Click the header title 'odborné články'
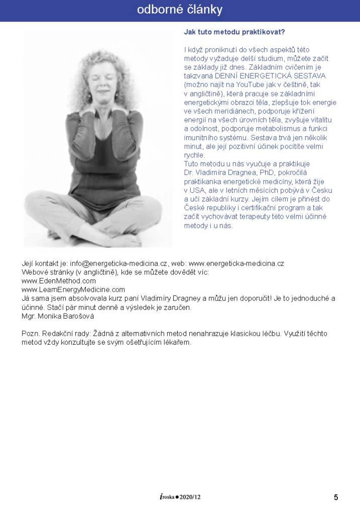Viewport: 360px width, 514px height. (180, 10)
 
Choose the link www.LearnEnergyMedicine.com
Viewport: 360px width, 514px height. (73, 289)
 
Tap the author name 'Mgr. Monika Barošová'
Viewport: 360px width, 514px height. (58, 317)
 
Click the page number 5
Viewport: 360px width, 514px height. (336, 497)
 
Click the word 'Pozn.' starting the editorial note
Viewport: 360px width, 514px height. (31, 334)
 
